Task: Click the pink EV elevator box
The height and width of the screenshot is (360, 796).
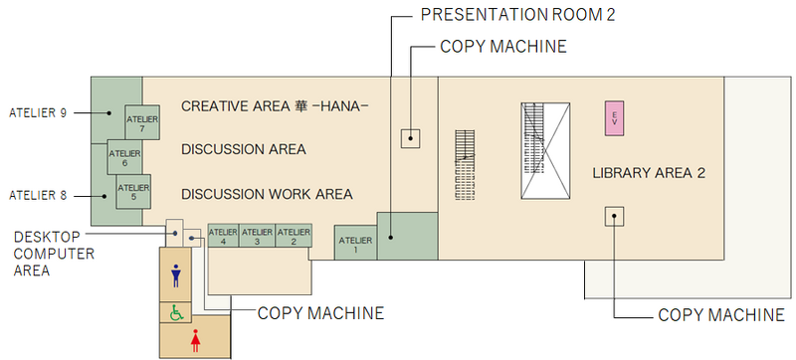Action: (615, 117)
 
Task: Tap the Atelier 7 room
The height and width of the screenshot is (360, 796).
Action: (142, 123)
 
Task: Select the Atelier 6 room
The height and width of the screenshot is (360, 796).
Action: (124, 157)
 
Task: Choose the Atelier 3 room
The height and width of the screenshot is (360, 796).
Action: (258, 235)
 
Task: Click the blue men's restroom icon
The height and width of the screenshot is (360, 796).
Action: (177, 274)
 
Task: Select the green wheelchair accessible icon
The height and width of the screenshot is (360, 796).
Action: (177, 313)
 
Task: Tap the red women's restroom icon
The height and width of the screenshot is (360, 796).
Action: (195, 340)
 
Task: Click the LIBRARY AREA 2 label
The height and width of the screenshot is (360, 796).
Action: (649, 173)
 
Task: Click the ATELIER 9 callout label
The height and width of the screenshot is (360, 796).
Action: (37, 112)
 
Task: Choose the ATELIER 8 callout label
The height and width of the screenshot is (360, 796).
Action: (37, 195)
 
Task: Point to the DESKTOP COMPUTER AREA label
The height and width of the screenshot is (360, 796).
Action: (54, 254)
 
